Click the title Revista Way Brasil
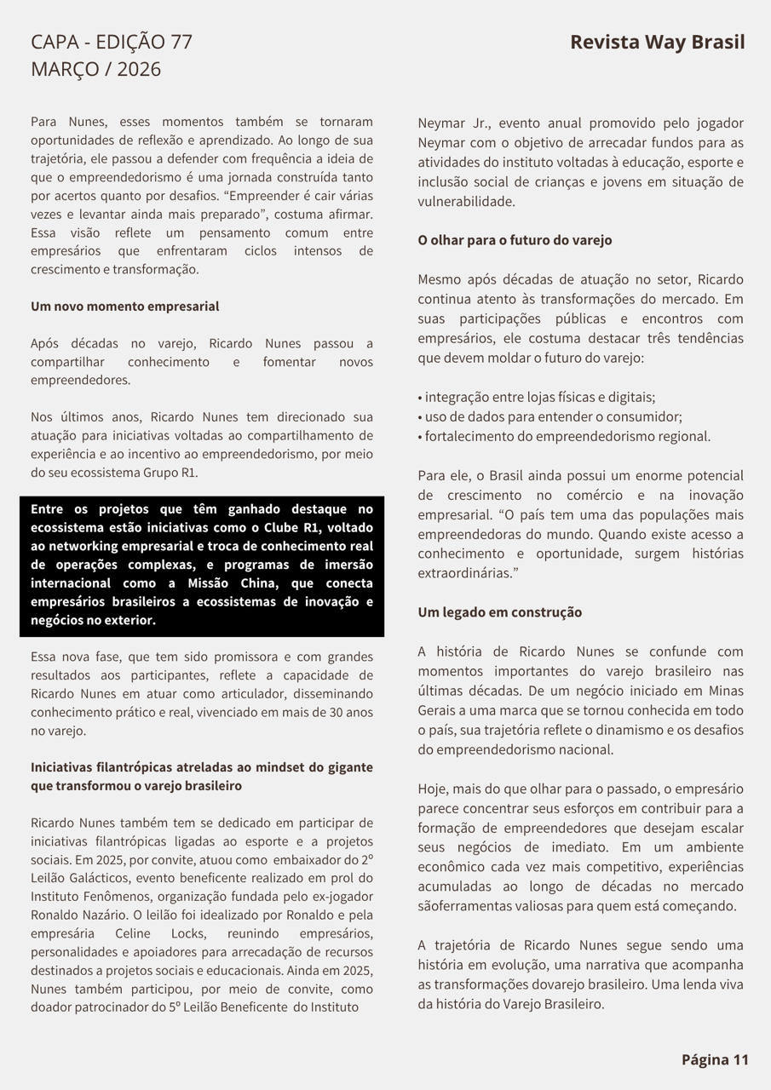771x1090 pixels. tap(657, 43)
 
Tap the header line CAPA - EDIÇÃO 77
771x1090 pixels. tap(112, 42)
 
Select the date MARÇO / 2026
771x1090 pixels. tap(95, 69)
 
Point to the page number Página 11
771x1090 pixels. tap(714, 1059)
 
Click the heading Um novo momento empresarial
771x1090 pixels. tap(124, 307)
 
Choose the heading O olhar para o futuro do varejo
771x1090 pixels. tap(515, 240)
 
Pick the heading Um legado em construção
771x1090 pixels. tap(499, 612)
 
